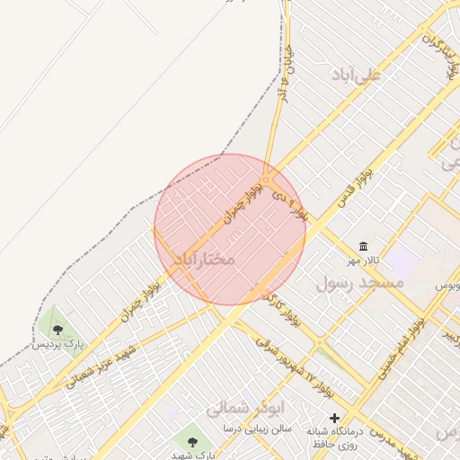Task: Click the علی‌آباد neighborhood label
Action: tap(358, 75)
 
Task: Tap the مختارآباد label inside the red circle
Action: tap(204, 259)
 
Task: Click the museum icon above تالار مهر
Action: tap(363, 246)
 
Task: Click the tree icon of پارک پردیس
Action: tap(58, 330)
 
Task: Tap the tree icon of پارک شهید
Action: tap(192, 440)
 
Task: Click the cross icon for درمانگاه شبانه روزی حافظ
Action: tap(334, 418)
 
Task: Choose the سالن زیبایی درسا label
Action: tap(261, 429)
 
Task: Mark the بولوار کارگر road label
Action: tap(282, 305)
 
